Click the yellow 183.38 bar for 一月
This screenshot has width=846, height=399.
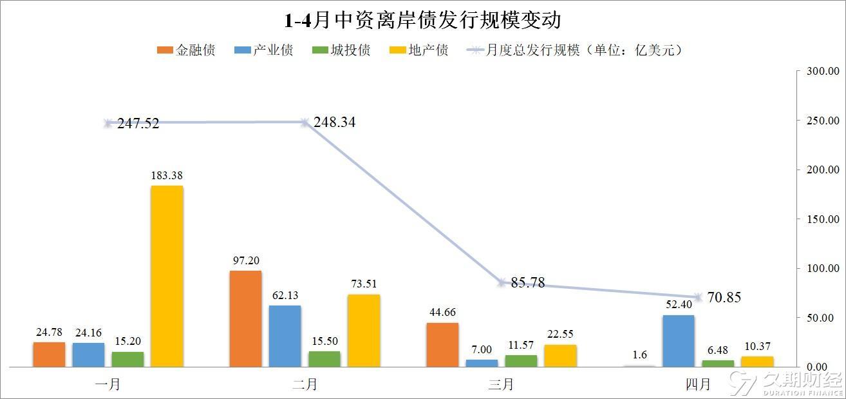point(167,276)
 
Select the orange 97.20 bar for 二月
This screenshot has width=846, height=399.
point(245,319)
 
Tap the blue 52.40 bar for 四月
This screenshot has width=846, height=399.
point(679,341)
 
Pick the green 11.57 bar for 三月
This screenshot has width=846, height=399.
point(521,361)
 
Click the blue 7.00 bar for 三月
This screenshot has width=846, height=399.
point(482,363)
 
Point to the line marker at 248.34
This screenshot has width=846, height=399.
point(305,122)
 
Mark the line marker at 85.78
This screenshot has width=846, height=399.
point(502,282)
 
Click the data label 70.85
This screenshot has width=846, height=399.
point(724,297)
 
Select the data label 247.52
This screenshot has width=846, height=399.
point(138,123)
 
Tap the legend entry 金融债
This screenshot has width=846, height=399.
point(186,50)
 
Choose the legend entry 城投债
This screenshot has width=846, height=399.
point(341,50)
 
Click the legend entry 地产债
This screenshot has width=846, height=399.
point(419,50)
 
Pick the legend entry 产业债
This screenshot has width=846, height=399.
point(263,50)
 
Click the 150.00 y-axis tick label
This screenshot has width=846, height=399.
point(823,219)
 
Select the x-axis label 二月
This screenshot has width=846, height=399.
point(305,384)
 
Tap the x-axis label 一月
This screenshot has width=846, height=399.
point(108,384)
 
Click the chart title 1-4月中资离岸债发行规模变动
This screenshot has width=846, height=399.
point(422,20)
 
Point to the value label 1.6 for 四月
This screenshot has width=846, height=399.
point(640,355)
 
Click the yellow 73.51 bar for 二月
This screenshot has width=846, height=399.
point(364,331)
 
